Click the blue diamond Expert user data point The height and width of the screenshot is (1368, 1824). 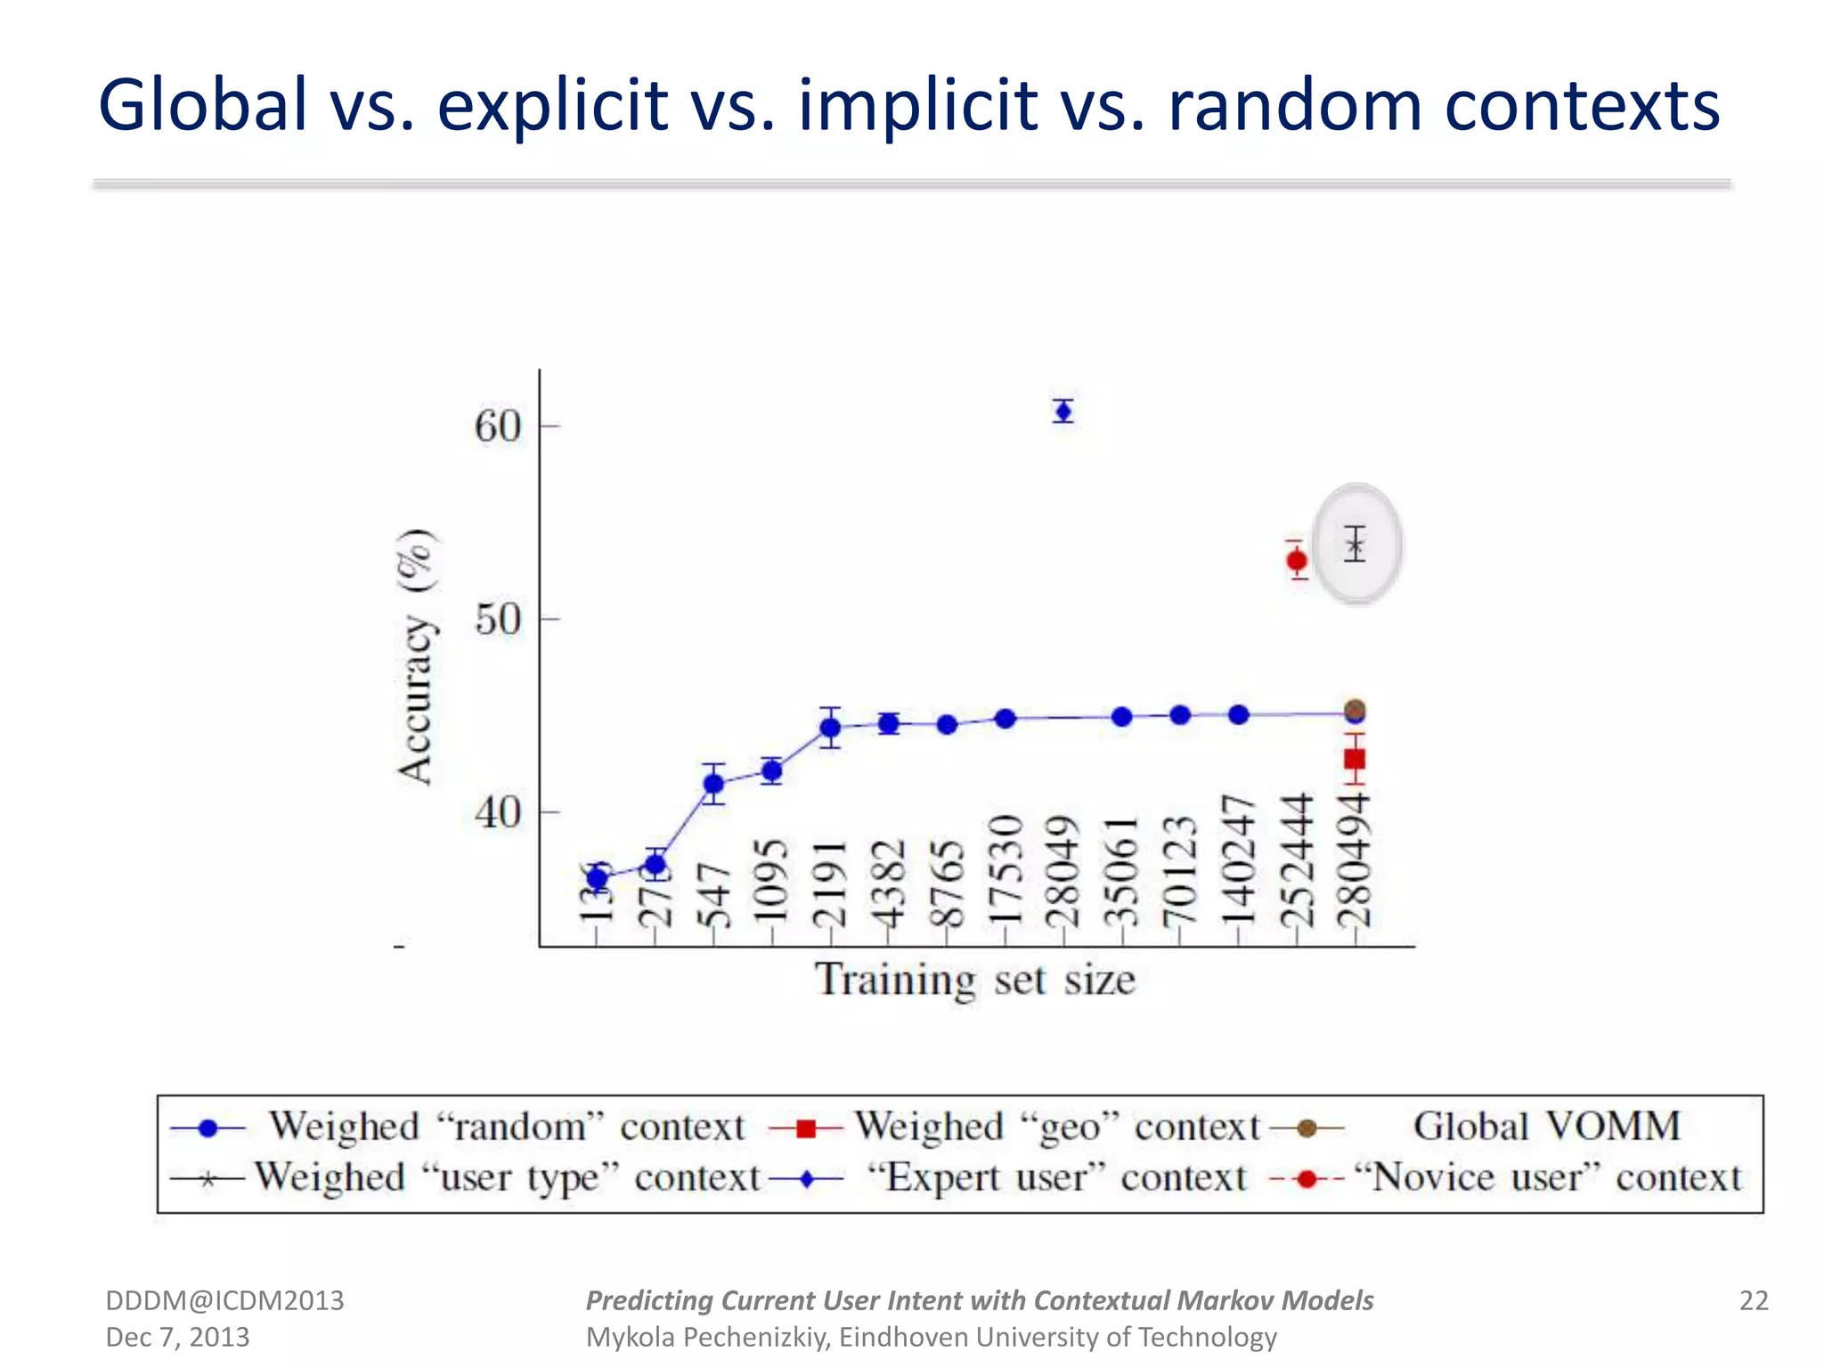pos(1063,411)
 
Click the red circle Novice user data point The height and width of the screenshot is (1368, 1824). pos(1297,560)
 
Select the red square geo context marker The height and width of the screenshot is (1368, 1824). pos(1355,759)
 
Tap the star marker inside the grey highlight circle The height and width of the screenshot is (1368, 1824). pos(1356,545)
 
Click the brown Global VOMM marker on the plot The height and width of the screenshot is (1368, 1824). pos(1355,710)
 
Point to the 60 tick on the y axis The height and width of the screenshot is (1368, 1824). pos(498,426)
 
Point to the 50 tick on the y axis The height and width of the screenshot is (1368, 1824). pos(498,619)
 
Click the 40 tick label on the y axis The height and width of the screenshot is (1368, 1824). pos(498,812)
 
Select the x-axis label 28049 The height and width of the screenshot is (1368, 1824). pos(1062,871)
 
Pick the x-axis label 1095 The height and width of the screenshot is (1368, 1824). pos(770,882)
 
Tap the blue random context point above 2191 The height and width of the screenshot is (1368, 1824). pos(830,728)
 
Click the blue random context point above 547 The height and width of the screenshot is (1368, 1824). pos(713,784)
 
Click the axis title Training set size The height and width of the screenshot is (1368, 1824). pos(975,980)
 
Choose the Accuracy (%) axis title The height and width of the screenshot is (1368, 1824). pos(416,656)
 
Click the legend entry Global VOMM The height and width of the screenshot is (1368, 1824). pos(1547,1127)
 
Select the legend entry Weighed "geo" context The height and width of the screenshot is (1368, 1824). pos(1057,1128)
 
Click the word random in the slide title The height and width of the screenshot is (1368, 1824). pos(1296,105)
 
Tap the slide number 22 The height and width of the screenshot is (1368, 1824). pos(1753,1300)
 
